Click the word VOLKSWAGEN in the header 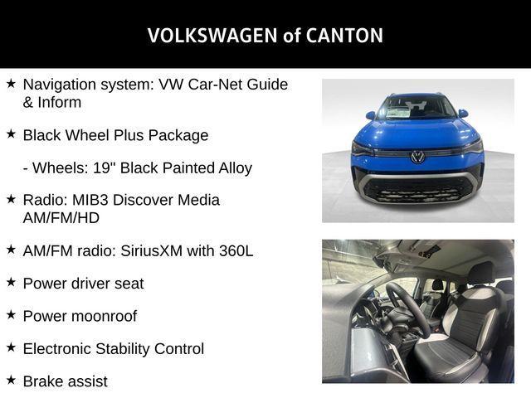click(x=208, y=36)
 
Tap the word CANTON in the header click(x=343, y=36)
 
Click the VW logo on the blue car click(x=417, y=157)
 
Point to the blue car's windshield click(x=417, y=109)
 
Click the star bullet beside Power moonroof click(x=11, y=315)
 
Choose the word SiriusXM click(x=169, y=250)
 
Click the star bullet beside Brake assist click(x=11, y=381)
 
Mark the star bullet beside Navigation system click(x=11, y=84)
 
